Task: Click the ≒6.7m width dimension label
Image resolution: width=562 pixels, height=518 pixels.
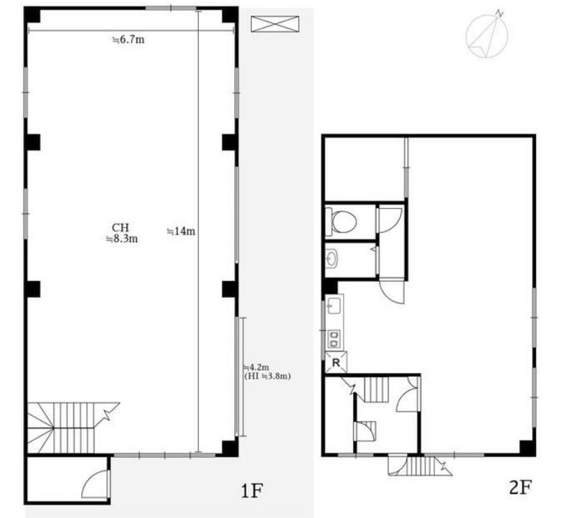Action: tap(128, 39)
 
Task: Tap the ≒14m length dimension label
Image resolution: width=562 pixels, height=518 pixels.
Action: tap(182, 232)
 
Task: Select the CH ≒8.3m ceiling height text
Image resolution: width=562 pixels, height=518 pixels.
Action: tap(122, 233)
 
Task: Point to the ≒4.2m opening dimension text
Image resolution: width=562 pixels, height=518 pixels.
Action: tap(256, 367)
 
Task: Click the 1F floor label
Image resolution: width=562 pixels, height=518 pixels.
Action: tap(252, 491)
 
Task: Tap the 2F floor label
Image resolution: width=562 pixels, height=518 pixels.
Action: tap(520, 488)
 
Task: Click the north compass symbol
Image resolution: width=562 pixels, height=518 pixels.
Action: tap(487, 34)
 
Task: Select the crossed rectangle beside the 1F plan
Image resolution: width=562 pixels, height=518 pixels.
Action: tap(275, 24)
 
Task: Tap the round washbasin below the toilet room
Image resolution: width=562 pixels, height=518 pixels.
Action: tap(332, 258)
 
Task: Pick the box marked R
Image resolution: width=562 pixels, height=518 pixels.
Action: tap(336, 362)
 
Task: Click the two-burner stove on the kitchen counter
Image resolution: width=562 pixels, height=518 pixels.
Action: tap(334, 339)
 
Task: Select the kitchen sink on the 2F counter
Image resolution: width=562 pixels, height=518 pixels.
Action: tap(334, 306)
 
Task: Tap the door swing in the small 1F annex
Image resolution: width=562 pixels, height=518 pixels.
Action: tap(95, 484)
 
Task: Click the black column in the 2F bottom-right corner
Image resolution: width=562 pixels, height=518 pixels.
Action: tap(528, 448)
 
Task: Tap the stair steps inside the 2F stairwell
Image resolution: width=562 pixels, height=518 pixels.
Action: tap(377, 390)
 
